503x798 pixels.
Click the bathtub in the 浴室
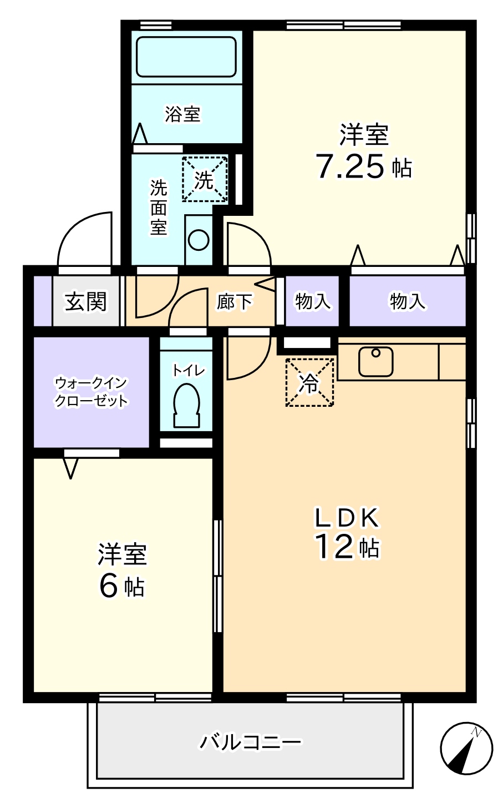pos(186,57)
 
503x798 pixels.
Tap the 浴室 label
pos(182,114)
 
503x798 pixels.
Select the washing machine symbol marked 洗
pos(205,179)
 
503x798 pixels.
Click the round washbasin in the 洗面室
pos(199,240)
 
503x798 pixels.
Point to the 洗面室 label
pos(159,208)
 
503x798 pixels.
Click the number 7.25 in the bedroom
pos(349,166)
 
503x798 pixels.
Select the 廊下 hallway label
pos(234,302)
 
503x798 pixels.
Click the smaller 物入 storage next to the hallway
pos(313,301)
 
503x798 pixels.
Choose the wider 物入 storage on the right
pos(408,301)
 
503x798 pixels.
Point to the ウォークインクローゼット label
pos(92,392)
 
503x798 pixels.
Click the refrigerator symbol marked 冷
pos(309,382)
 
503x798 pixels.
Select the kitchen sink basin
pos(375,361)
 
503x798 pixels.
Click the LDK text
pos(348,518)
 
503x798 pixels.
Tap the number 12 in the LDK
pos(334,547)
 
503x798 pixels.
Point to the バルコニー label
pos(250,741)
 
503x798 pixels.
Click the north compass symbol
pos(466,749)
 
